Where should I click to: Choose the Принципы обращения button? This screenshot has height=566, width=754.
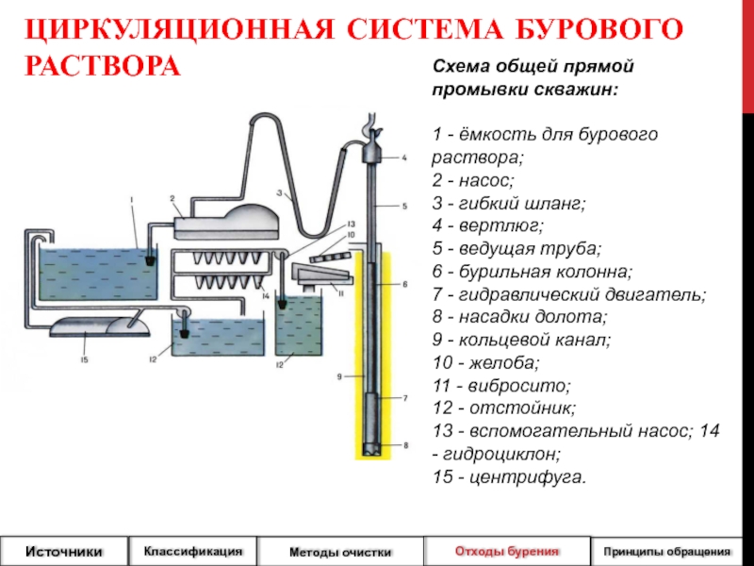click(x=667, y=550)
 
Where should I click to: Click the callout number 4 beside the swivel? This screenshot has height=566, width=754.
click(x=403, y=158)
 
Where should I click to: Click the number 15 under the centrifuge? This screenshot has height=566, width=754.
click(x=84, y=360)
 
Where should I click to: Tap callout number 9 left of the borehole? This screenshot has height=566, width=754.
click(x=337, y=377)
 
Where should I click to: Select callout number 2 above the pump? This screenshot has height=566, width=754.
click(x=173, y=198)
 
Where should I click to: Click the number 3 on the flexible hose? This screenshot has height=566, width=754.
click(x=279, y=193)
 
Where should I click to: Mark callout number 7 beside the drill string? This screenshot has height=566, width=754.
click(x=405, y=399)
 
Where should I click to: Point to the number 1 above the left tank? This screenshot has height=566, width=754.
click(x=132, y=198)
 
